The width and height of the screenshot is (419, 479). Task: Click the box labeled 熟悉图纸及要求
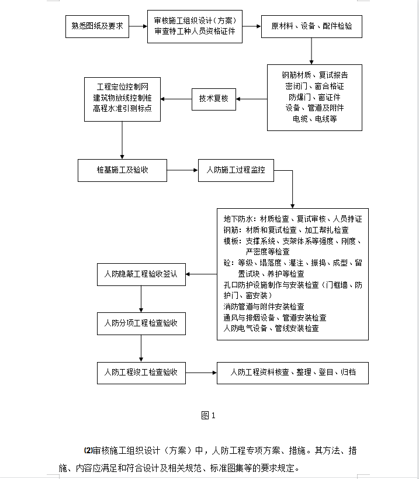coord(97,26)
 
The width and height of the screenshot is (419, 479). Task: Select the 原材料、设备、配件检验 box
coord(311,26)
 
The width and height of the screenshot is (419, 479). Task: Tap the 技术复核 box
coord(214,99)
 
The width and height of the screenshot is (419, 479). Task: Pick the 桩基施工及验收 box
coord(122,170)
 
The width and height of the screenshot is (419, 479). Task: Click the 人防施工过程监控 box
coord(236,170)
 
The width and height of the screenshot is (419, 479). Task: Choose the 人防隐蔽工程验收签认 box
coord(141,275)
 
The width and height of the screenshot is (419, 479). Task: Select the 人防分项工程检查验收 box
coord(141,323)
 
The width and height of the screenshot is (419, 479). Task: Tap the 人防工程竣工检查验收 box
coord(141,373)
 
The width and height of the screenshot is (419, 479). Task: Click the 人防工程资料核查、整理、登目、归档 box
coord(293,373)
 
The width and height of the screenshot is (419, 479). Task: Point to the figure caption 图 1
coord(209,415)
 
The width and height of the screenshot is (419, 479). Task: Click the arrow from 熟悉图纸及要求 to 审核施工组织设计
coord(138,26)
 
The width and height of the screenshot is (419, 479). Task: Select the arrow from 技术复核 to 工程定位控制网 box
coord(176,99)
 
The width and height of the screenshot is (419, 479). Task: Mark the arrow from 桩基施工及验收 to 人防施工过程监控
coord(182,170)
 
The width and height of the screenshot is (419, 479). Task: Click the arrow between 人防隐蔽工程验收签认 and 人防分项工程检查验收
coord(141,299)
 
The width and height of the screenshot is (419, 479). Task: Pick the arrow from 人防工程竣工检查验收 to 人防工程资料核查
coord(202,373)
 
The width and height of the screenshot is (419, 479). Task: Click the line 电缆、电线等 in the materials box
coord(314,119)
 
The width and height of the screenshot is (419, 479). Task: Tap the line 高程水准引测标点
coord(122,108)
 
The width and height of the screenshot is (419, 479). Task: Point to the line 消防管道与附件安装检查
coord(264,306)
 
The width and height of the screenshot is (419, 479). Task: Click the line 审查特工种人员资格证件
coord(195,32)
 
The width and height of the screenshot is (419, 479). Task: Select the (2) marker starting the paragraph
coord(88,450)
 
